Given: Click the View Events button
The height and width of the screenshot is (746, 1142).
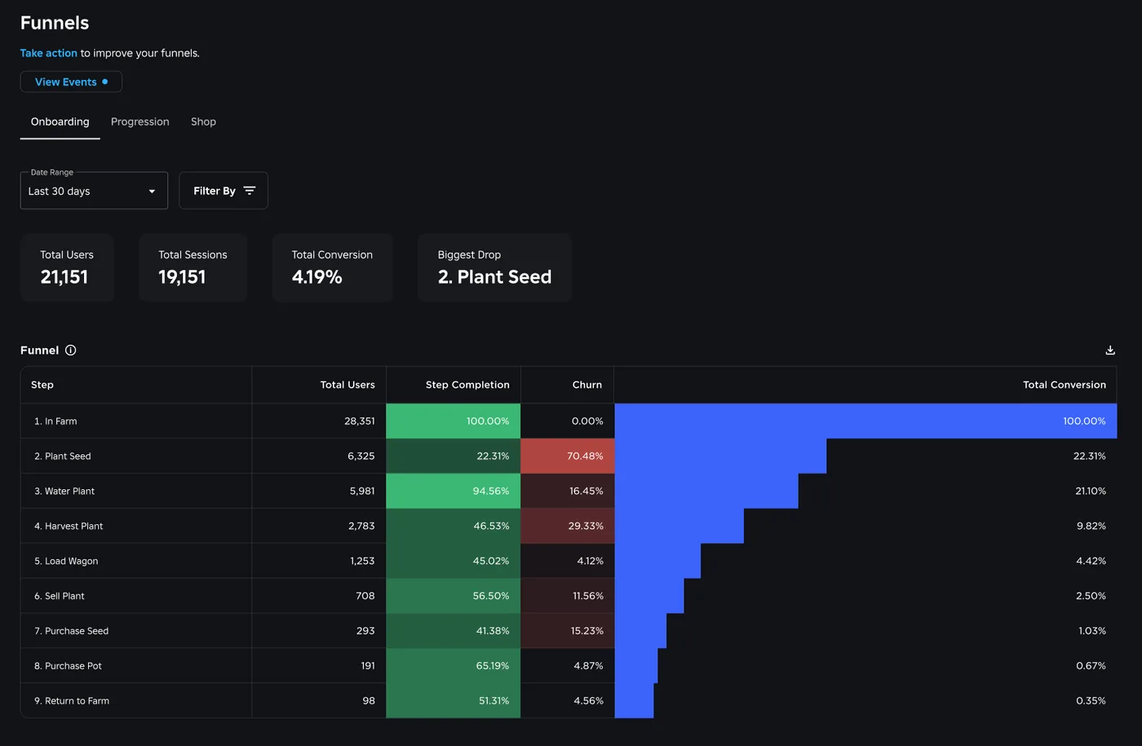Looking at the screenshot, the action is click(x=71, y=82).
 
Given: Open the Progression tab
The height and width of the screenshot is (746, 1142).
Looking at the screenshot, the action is click(x=139, y=121).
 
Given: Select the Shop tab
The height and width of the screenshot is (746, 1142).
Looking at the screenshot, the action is click(x=203, y=121).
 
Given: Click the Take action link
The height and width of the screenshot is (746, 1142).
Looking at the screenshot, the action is click(x=48, y=53).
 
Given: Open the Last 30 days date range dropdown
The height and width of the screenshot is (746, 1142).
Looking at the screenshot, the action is click(x=94, y=191).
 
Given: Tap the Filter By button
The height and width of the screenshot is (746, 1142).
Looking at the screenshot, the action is click(x=224, y=191).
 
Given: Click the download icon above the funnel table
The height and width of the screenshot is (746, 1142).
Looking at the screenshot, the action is click(x=1110, y=350).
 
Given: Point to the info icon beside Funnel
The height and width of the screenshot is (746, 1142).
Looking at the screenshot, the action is click(x=71, y=350).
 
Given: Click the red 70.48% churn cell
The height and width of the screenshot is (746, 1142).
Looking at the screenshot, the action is click(x=568, y=456).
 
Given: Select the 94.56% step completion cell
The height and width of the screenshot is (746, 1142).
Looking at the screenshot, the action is click(x=454, y=491).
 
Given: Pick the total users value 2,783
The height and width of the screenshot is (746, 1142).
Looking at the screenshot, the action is click(x=361, y=526).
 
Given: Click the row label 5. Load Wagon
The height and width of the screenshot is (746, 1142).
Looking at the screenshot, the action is click(x=66, y=561).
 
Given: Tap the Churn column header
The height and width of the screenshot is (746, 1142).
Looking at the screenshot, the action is click(x=586, y=385).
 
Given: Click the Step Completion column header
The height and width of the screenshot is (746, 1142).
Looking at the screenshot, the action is click(x=467, y=385).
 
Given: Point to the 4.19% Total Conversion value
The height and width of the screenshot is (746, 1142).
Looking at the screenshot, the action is click(x=316, y=276).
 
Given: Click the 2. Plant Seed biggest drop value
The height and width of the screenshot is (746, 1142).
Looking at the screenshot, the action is click(x=494, y=276).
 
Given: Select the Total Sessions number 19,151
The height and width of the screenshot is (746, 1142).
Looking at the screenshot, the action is click(x=182, y=276).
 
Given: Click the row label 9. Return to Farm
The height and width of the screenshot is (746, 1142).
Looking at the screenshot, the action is click(x=72, y=700).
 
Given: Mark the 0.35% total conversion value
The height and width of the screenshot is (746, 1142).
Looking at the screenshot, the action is click(x=1091, y=700).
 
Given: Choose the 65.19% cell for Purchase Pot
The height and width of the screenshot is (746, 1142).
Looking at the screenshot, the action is click(x=454, y=665).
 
